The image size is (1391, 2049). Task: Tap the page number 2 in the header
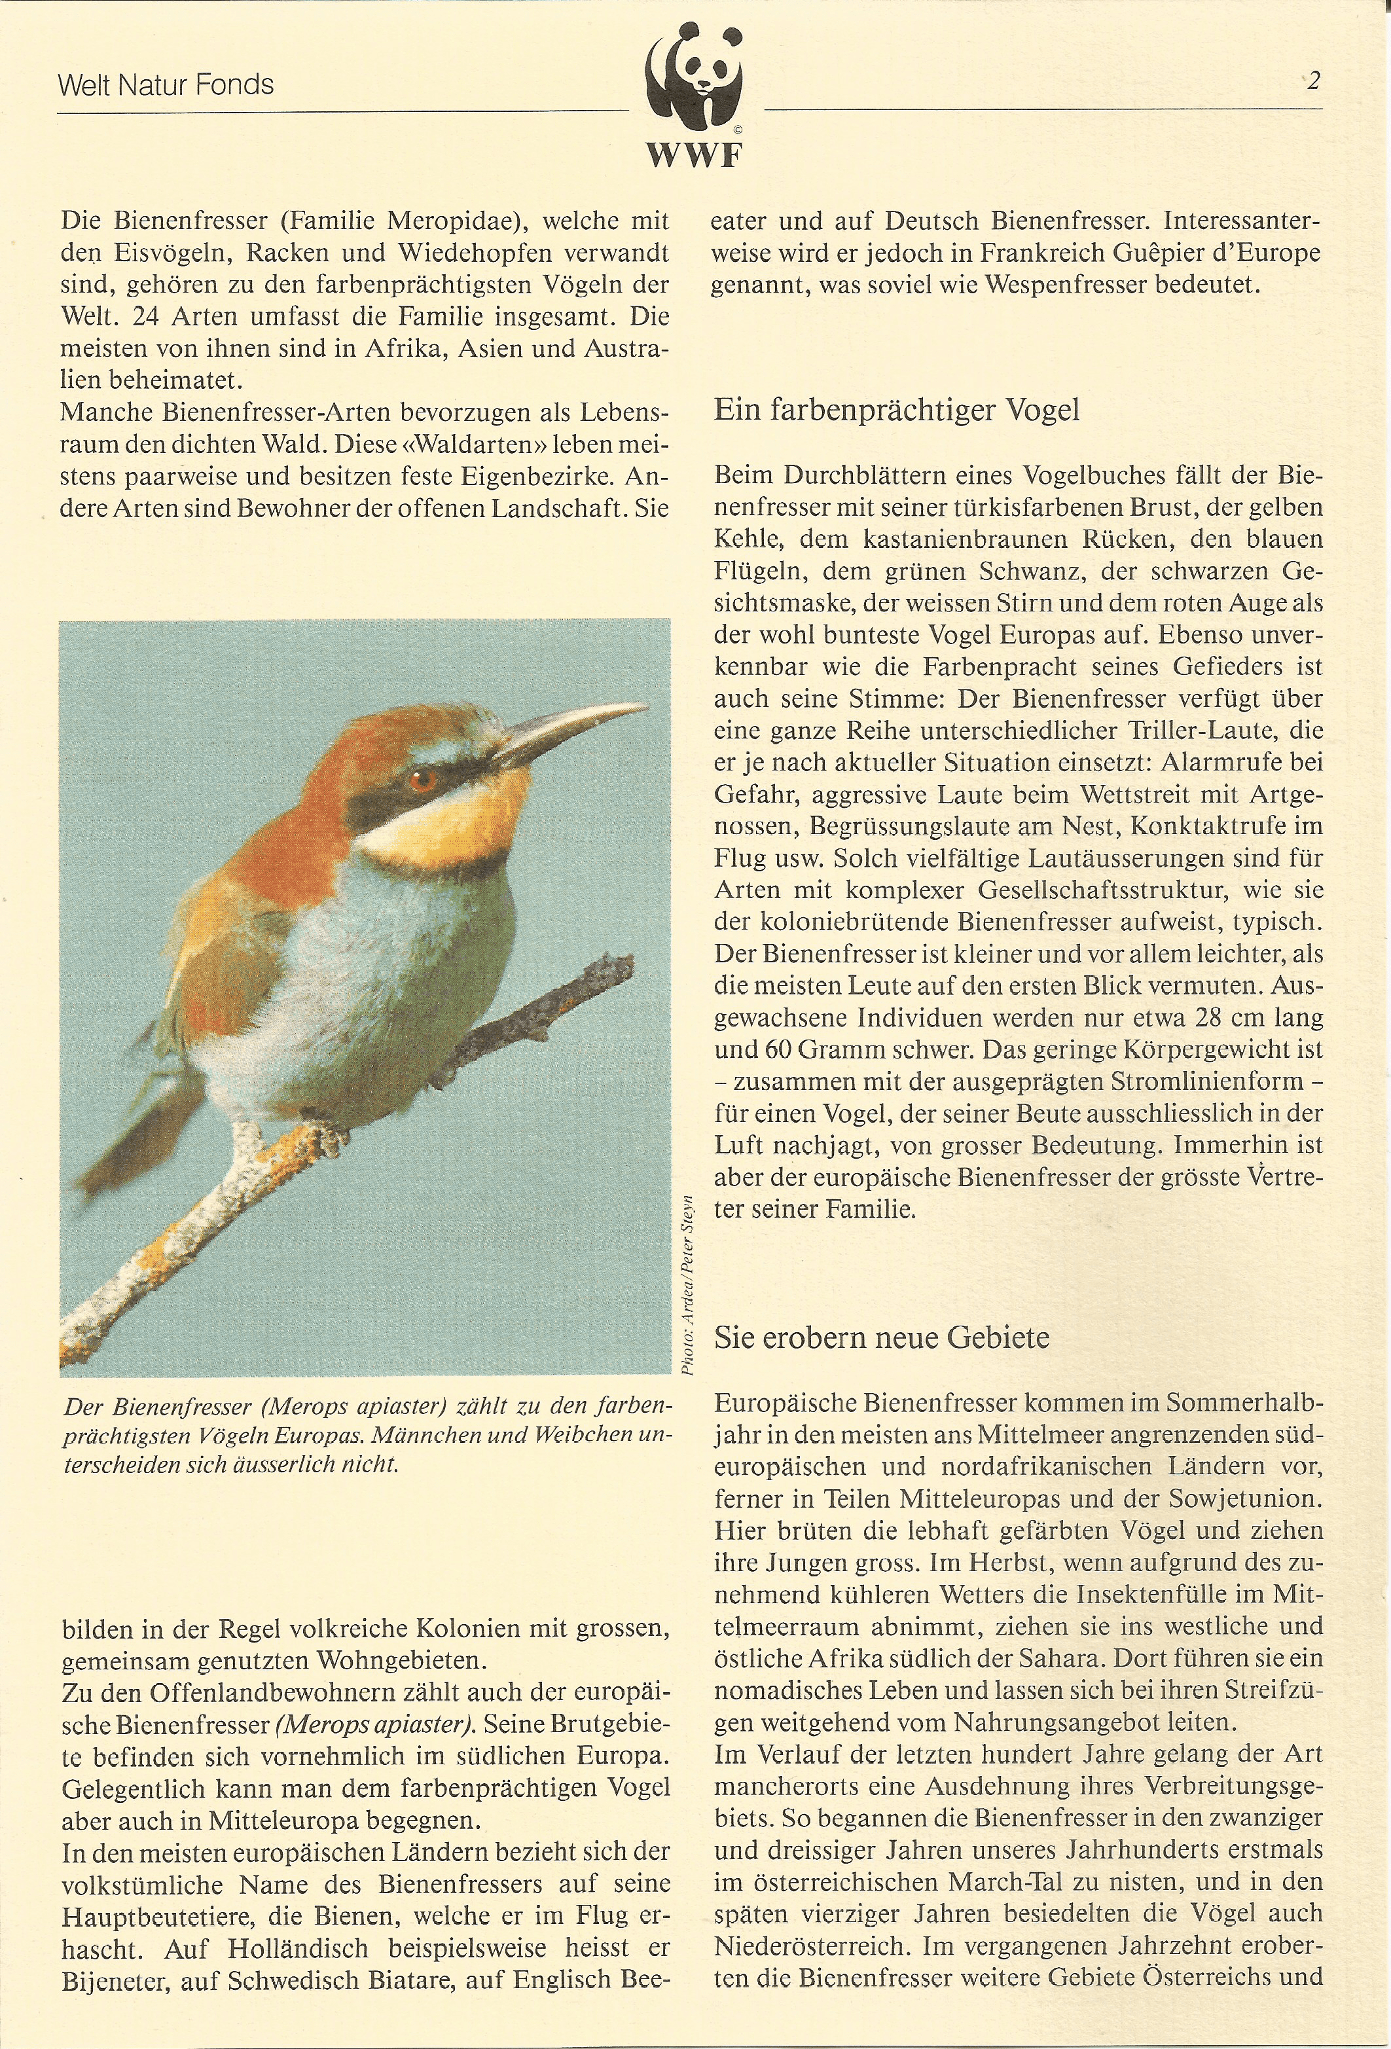pyautogui.click(x=1313, y=82)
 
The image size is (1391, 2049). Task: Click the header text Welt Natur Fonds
pyautogui.click(x=166, y=86)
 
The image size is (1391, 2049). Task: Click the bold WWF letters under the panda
pyautogui.click(x=695, y=156)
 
